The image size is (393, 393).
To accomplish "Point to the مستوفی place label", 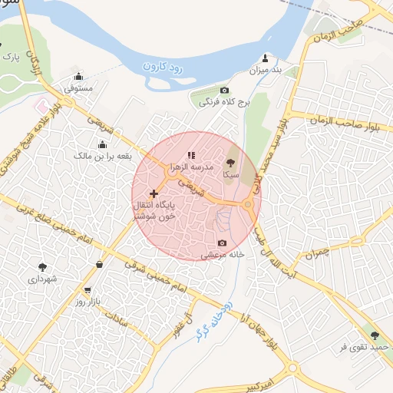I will (79, 89).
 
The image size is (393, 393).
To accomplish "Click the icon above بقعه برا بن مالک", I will (102, 144).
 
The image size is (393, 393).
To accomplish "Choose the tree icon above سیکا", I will (229, 163).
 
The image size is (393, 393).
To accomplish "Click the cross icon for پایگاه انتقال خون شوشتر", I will (154, 193).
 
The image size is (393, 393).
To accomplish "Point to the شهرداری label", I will (42, 279).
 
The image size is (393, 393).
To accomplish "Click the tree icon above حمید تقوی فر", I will (375, 336).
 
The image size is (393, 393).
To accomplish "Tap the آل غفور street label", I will (182, 315).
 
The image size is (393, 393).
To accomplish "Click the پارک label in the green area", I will (11, 57).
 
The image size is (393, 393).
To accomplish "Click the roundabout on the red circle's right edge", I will (248, 205).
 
